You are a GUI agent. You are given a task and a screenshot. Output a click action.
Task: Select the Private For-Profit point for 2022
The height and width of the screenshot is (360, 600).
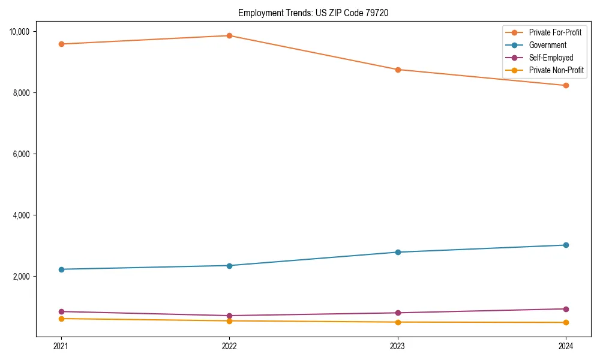(229, 35)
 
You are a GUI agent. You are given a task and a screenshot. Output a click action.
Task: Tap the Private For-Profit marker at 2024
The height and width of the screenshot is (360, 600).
(566, 85)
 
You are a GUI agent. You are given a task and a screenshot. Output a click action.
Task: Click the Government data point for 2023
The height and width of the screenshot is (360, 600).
(398, 252)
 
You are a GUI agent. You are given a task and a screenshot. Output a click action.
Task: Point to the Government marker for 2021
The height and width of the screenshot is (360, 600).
(61, 269)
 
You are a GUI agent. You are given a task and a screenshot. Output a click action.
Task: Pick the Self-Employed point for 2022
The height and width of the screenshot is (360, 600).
(229, 316)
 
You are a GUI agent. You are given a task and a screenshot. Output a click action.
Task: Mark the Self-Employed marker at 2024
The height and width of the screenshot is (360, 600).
(566, 309)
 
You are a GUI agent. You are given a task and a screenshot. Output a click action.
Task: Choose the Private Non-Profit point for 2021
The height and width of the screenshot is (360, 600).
(61, 319)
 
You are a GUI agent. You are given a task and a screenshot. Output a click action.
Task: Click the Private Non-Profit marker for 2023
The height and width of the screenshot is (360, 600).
(398, 322)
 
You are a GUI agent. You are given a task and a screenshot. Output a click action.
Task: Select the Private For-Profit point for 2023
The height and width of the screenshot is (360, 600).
(398, 70)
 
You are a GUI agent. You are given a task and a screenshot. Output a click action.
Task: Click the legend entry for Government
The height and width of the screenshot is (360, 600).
(547, 45)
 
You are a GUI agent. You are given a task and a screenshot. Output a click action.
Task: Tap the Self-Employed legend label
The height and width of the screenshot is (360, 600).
(551, 58)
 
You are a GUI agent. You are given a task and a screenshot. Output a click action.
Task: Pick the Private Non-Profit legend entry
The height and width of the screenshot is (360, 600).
(556, 70)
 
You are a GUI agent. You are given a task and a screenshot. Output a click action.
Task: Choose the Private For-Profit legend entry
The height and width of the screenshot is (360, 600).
(554, 32)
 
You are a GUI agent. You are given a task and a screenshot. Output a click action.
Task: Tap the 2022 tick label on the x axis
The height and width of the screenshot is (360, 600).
(229, 346)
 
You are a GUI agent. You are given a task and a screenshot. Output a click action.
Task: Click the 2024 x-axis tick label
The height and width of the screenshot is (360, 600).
(566, 346)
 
